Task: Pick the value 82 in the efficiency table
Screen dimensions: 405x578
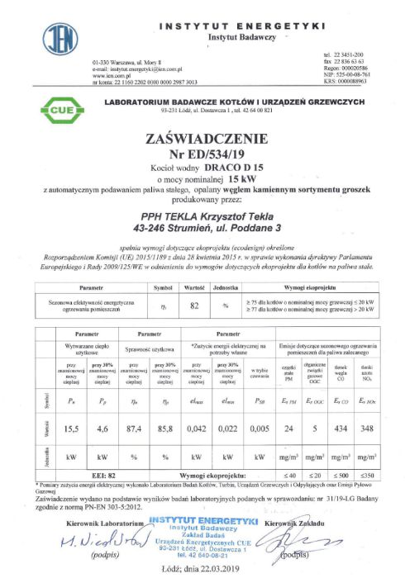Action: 195,305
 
